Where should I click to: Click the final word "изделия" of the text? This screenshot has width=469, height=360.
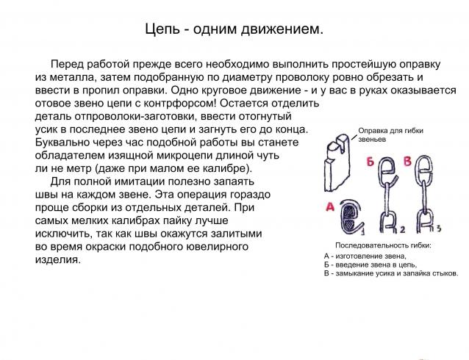click(x=58, y=260)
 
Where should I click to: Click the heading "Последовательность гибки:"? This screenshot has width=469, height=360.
click(x=382, y=245)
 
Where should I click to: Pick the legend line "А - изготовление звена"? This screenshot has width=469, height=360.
click(x=367, y=255)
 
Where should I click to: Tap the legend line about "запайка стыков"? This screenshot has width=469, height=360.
click(x=390, y=273)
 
